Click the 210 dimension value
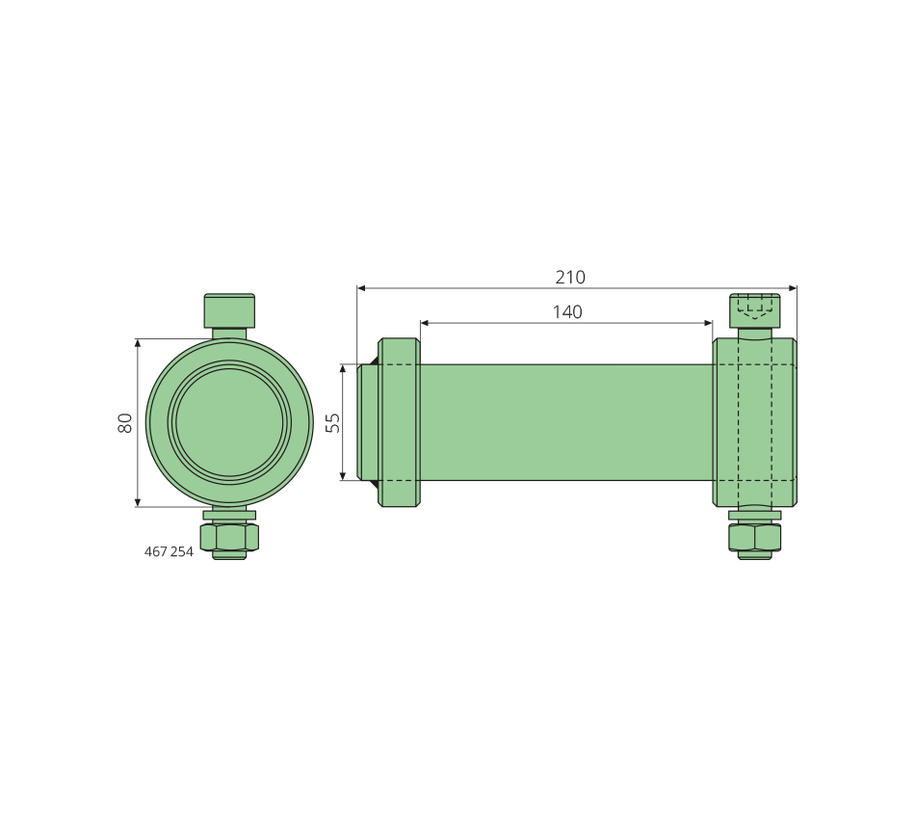pos(569,277)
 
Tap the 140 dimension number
pos(567,312)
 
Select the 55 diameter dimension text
pos(332,422)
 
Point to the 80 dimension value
pos(125,422)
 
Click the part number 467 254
pos(169,551)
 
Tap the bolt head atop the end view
pos(229,310)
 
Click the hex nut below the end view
pos(229,538)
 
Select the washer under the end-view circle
pos(229,516)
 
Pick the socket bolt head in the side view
pos(754,310)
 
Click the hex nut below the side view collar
pos(754,538)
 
